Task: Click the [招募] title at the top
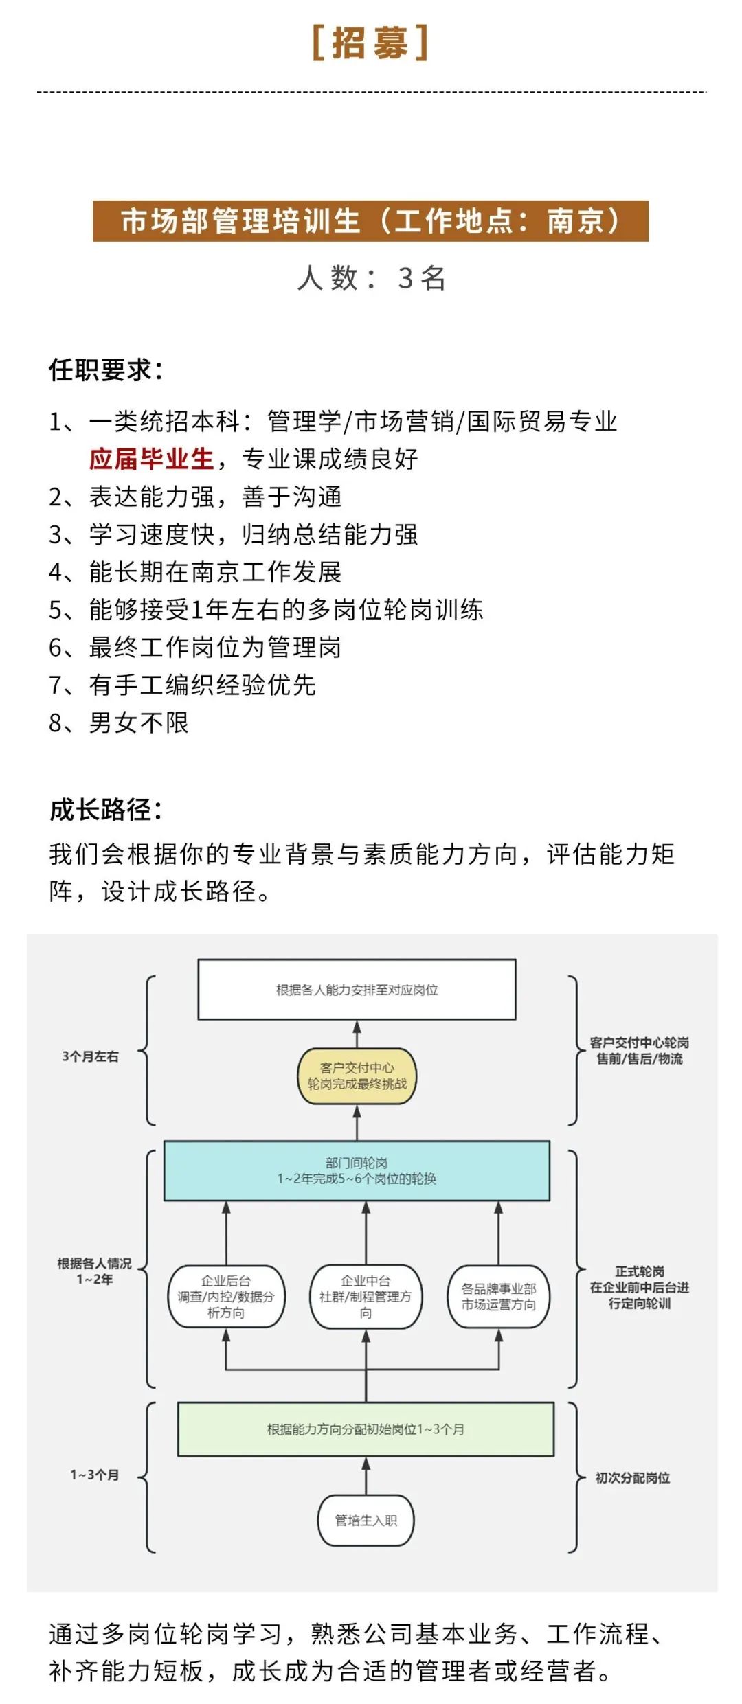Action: [x=370, y=43]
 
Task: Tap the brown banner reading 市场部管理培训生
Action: [x=370, y=221]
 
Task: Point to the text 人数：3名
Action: [x=371, y=278]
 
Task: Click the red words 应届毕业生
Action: [x=152, y=459]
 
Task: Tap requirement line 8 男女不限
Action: [x=119, y=723]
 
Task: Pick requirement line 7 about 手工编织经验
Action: [x=182, y=685]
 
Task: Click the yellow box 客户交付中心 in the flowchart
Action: [x=357, y=1076]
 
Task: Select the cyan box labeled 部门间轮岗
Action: [x=357, y=1170]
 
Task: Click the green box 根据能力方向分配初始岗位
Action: [x=366, y=1429]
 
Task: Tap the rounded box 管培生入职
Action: [x=366, y=1521]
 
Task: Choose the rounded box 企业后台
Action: [x=226, y=1296]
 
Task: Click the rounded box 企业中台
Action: [x=366, y=1296]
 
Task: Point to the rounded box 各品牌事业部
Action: [x=499, y=1296]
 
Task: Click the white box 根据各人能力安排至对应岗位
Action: [x=357, y=990]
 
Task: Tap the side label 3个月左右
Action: [x=91, y=1056]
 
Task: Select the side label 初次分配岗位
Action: [x=633, y=1477]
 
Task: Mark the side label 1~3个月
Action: [x=95, y=1475]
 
